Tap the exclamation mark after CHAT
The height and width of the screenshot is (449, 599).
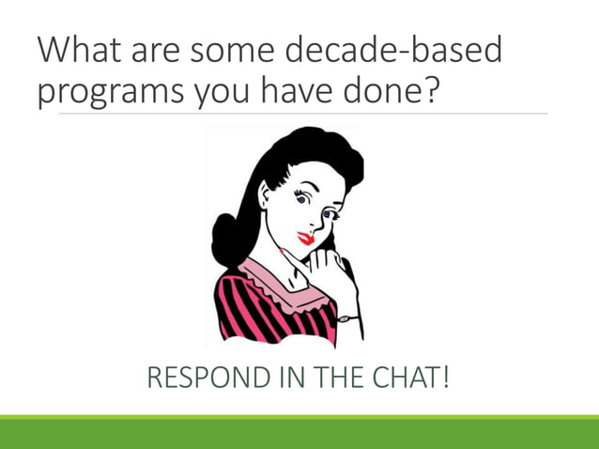pos(445,379)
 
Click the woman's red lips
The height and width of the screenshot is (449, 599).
pos(305,238)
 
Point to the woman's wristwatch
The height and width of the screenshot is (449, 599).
pos(348,318)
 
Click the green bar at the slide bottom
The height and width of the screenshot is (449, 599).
pos(299,433)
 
